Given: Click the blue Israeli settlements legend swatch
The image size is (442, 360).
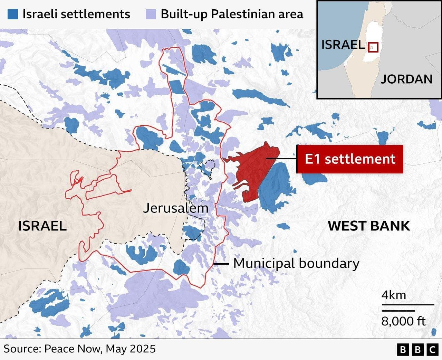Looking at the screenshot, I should (x=13, y=14).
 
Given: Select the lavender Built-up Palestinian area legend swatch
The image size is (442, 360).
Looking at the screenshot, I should (x=151, y=14).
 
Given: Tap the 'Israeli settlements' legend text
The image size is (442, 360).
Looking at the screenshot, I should (x=76, y=14).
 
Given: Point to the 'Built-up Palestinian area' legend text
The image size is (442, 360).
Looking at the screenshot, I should (x=232, y=14).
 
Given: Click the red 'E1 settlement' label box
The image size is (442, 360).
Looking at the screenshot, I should (x=350, y=159).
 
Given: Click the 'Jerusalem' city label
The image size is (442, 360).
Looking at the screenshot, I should (x=176, y=208).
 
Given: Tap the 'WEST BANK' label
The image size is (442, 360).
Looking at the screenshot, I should (x=369, y=226).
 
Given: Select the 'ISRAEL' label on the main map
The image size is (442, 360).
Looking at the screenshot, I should (x=42, y=226).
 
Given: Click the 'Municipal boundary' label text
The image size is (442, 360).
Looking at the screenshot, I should (x=296, y=263).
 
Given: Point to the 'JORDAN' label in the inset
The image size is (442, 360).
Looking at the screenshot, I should (x=406, y=79).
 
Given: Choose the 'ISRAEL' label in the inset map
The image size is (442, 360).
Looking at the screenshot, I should (x=343, y=45).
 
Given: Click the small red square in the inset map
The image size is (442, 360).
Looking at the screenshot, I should (x=373, y=47).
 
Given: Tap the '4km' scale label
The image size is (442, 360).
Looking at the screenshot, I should (x=394, y=295).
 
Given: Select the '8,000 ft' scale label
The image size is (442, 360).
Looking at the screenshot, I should (x=403, y=321).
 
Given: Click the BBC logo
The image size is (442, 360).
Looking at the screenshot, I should (x=417, y=350).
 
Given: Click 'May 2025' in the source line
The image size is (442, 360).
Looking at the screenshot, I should (x=131, y=349).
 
